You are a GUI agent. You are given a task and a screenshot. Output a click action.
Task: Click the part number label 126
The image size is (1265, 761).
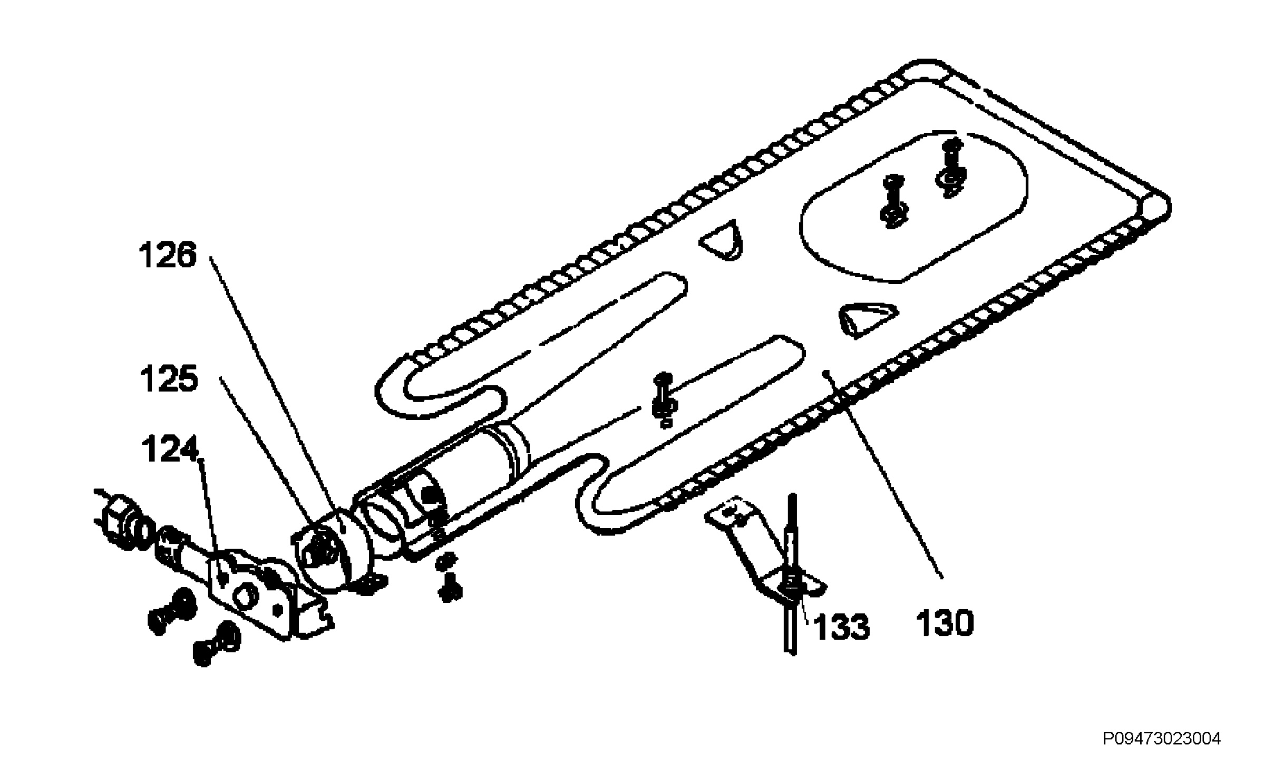tap(168, 256)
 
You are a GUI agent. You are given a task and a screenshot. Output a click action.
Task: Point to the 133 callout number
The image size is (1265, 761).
tap(841, 627)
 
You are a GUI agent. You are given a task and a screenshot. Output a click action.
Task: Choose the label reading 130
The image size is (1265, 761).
tap(945, 623)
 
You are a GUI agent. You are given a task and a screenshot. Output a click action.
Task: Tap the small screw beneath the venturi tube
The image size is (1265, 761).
tap(449, 585)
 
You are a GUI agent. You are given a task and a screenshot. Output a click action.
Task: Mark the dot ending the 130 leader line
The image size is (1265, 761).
tap(826, 373)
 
